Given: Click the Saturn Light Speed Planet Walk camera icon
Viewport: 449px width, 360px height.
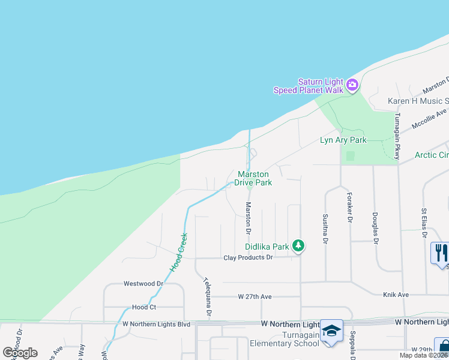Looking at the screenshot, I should (x=352, y=85).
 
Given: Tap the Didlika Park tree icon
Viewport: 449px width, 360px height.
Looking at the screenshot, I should (x=298, y=245).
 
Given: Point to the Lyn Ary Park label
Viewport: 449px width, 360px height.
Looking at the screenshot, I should (x=343, y=140).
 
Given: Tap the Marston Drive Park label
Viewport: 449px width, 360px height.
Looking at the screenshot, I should (x=253, y=178).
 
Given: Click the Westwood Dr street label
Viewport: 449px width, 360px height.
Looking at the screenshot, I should (x=143, y=283).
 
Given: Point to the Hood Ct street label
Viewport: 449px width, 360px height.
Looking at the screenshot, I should (x=144, y=307).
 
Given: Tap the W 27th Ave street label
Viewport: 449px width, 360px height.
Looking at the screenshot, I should (x=255, y=296).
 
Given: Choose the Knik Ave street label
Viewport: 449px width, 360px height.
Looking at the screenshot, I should (x=396, y=295).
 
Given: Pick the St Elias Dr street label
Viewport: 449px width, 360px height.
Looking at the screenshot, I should (x=423, y=219).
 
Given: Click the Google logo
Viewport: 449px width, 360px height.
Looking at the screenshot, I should (x=20, y=352).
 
